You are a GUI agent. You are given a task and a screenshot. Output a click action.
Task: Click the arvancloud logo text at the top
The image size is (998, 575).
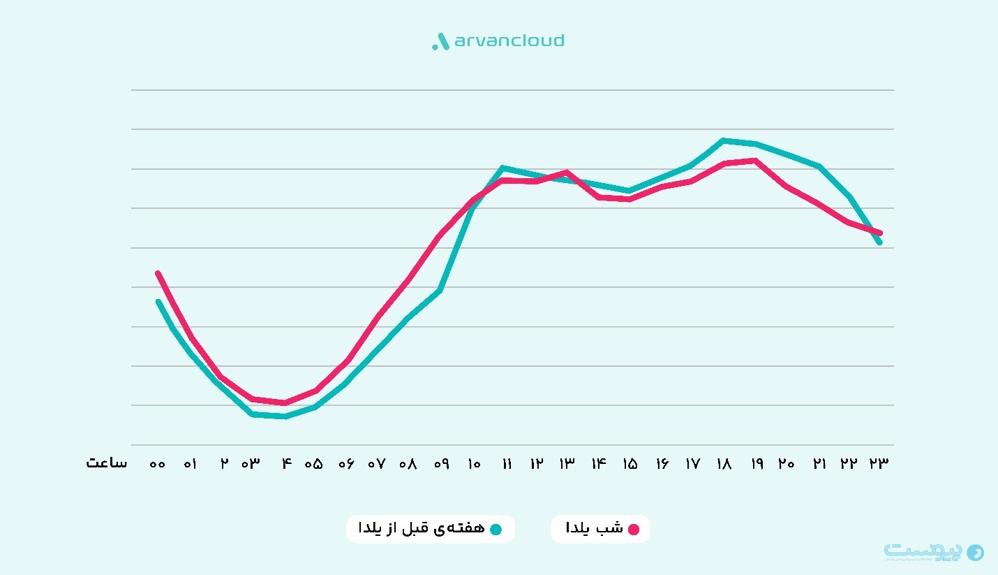pyautogui.click(x=508, y=41)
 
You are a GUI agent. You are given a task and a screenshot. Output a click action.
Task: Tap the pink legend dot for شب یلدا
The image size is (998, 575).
pyautogui.click(x=634, y=529)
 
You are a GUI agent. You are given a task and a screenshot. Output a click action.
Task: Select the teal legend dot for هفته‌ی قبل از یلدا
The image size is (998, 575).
pyautogui.click(x=496, y=529)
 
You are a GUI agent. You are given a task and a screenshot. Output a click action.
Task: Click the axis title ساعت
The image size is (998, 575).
pyautogui.click(x=107, y=463)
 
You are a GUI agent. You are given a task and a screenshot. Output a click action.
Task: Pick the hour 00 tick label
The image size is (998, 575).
pyautogui.click(x=158, y=464)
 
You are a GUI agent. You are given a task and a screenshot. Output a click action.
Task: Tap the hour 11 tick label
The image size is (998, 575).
pyautogui.click(x=507, y=464)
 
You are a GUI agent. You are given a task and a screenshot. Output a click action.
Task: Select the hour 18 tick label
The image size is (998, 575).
pyautogui.click(x=724, y=464)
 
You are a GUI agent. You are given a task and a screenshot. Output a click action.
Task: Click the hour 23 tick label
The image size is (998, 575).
pyautogui.click(x=879, y=464)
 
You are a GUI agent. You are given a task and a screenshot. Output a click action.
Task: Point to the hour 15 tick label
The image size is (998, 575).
pyautogui.click(x=630, y=464)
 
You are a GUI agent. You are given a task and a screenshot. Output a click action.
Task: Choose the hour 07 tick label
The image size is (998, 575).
pyautogui.click(x=377, y=464)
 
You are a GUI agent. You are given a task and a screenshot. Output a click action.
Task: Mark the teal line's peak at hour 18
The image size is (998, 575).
pyautogui.click(x=724, y=140)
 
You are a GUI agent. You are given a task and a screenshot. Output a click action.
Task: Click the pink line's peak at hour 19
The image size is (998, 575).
pyautogui.click(x=755, y=161)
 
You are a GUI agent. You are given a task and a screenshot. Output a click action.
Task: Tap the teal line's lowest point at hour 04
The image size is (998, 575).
pyautogui.click(x=285, y=416)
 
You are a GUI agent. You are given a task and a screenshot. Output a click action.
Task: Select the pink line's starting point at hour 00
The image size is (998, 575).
pyautogui.click(x=158, y=272)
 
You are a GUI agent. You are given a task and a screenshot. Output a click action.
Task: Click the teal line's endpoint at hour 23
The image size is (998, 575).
pyautogui.click(x=880, y=242)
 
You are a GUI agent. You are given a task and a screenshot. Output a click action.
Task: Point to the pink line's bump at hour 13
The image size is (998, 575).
pyautogui.click(x=567, y=172)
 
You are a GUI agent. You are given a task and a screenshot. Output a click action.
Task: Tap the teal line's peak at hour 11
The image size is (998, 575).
pyautogui.click(x=502, y=168)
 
